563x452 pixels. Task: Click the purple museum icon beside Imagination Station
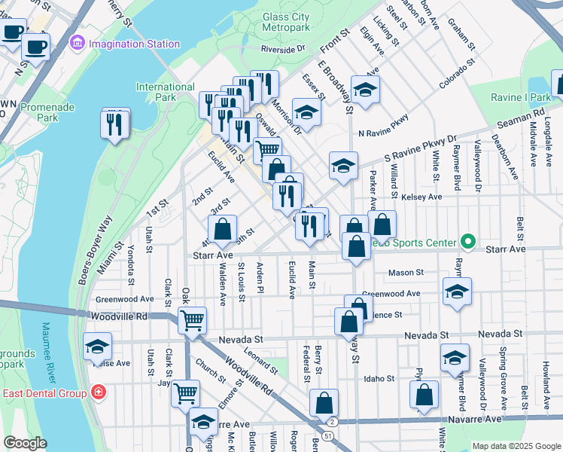point(78,43)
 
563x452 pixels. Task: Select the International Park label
point(165,93)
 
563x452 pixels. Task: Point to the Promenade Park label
point(47,112)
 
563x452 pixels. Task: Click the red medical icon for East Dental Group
point(97,392)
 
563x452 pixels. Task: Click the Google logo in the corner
point(26,443)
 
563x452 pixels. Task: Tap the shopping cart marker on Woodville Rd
point(193,319)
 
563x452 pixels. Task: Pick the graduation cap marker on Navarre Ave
point(203,423)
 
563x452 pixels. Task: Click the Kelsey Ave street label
point(422,197)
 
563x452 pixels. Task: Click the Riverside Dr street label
point(283,49)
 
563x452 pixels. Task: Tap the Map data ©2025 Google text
point(516,446)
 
